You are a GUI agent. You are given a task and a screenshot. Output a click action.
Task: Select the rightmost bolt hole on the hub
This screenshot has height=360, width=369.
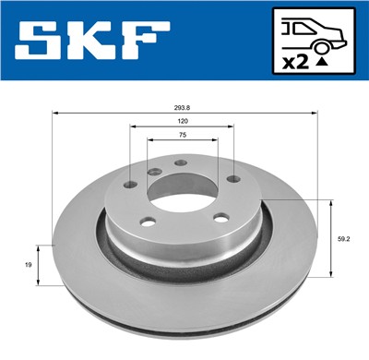(233, 178)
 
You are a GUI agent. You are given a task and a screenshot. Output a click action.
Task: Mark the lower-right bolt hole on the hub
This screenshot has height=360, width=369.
(220, 217)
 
